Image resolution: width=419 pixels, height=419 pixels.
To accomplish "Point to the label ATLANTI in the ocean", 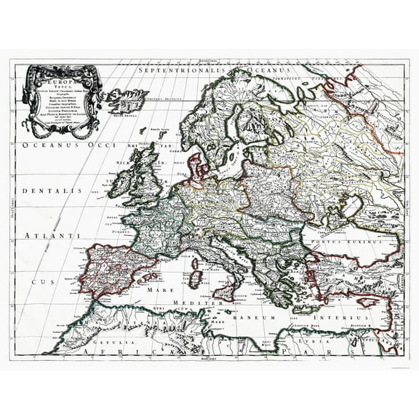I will (x=43, y=236).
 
